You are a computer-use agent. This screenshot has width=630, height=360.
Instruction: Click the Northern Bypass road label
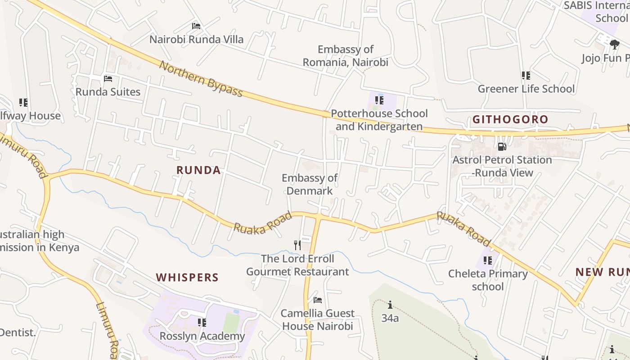tap(201, 80)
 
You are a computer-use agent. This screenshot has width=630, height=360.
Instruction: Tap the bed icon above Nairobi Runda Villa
tap(196, 26)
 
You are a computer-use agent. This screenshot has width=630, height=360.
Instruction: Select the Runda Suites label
tap(108, 92)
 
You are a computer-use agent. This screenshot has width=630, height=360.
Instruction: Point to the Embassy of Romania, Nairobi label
tap(345, 56)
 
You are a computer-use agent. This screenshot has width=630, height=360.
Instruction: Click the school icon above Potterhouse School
tap(379, 100)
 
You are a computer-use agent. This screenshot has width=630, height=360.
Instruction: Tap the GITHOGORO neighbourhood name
tap(510, 120)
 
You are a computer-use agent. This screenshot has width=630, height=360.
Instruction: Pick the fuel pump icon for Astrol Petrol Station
tap(502, 147)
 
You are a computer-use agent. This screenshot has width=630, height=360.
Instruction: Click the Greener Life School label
tap(526, 89)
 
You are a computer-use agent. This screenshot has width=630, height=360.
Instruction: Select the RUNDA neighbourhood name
tap(198, 171)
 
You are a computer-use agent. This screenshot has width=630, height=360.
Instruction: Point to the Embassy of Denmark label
tap(310, 184)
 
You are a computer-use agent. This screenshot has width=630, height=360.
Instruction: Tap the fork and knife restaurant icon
tap(297, 245)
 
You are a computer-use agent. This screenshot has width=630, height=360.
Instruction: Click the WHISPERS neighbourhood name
tap(187, 278)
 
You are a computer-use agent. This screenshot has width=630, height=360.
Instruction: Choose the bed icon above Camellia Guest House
tap(318, 300)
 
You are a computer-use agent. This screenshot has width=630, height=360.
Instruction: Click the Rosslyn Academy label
tap(202, 336)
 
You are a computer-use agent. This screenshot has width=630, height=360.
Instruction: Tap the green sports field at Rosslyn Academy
tap(231, 323)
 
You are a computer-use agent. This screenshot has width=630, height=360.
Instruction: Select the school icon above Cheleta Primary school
tap(488, 261)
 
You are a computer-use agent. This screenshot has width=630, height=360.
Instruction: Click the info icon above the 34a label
tap(390, 305)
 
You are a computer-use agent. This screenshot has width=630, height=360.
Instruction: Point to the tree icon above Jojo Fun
tap(614, 44)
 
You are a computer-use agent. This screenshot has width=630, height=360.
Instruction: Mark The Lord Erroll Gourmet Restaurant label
tap(297, 265)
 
